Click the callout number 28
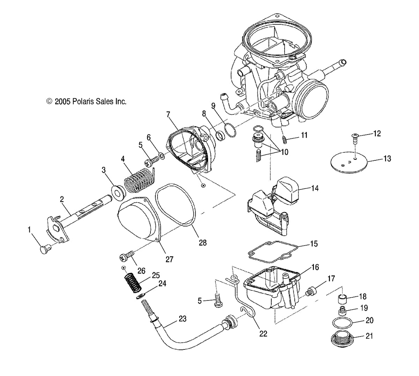point(203,242)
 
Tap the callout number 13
point(387,159)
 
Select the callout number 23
point(182,319)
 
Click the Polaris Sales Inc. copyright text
point(86,101)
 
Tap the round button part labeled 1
point(44,250)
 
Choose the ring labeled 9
point(229,129)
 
